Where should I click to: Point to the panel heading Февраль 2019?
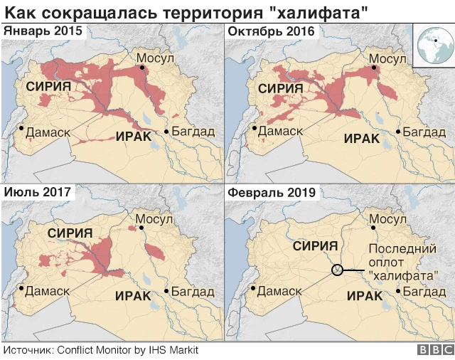pyautogui.click(x=271, y=192)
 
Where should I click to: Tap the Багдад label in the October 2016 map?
pyautogui.click(x=425, y=132)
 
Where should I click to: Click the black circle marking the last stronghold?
pyautogui.click(x=338, y=270)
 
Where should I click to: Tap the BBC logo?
pyautogui.click(x=435, y=350)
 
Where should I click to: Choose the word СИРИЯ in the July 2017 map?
pyautogui.click(x=71, y=233)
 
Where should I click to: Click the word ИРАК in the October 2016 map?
pyautogui.click(x=363, y=138)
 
